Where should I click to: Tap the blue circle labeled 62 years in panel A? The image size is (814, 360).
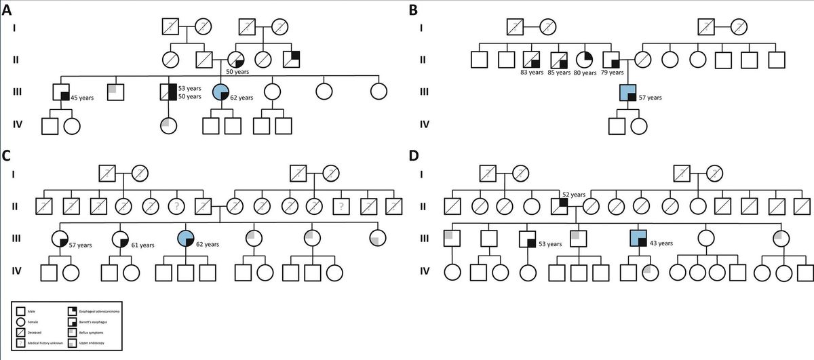pyautogui.click(x=220, y=92)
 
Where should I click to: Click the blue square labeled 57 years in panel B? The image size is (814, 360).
pyautogui.click(x=629, y=92)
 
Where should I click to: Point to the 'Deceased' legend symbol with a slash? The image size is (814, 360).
pyautogui.click(x=23, y=332)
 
